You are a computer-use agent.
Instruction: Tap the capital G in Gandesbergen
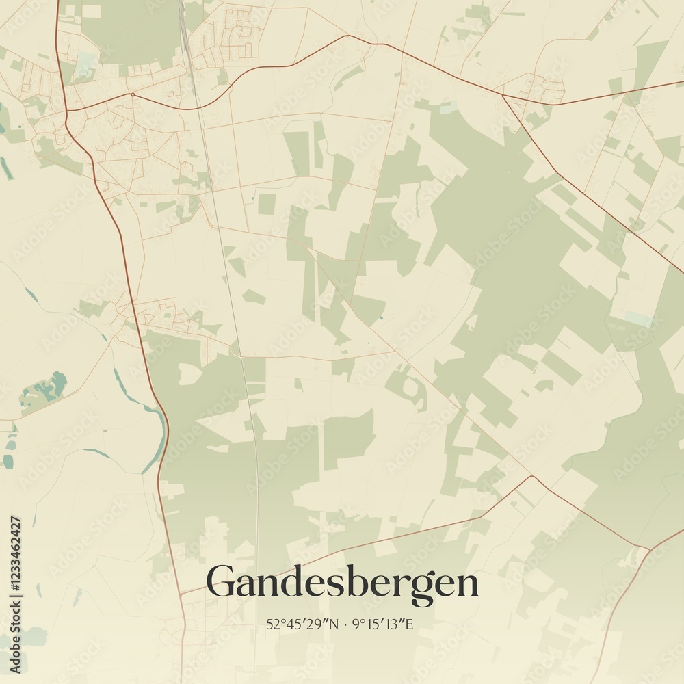point(222,582)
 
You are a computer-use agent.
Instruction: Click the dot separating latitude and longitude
point(347,624)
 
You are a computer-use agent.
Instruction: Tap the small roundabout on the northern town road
point(131,94)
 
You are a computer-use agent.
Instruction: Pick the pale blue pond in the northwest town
point(85,64)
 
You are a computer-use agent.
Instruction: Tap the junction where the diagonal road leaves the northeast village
point(503,96)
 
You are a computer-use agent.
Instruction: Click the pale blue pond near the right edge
point(637,318)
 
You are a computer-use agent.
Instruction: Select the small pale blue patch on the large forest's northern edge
point(448,108)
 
